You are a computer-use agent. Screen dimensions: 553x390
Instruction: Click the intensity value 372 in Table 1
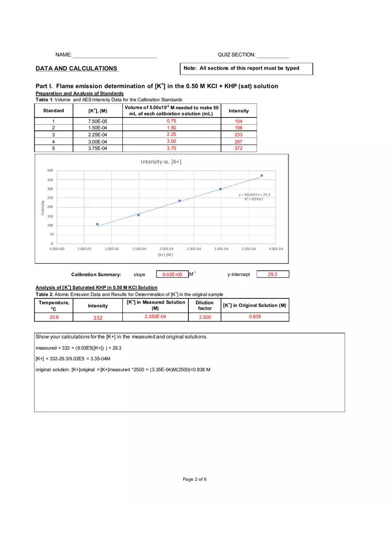pos(238,149)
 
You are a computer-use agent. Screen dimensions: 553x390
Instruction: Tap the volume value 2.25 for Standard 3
pos(172,134)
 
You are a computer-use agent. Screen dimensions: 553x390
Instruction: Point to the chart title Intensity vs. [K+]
pos(161,161)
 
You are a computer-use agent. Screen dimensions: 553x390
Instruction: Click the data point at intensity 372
pos(261,176)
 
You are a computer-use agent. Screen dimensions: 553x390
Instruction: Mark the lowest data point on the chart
pos(97,224)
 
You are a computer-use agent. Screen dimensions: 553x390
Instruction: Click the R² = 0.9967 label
pos(254,199)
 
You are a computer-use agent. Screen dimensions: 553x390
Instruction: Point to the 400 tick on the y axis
pos(50,171)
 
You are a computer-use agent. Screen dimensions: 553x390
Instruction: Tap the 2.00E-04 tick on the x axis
pos(166,249)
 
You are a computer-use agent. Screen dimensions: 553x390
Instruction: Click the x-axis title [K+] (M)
pos(165,255)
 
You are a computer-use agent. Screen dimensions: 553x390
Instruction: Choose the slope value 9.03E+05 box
pos(172,275)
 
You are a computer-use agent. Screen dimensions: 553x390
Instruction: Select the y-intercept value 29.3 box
pos(273,275)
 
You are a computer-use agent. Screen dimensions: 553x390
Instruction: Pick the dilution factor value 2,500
pos(205,317)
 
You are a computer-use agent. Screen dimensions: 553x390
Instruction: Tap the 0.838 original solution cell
pos(255,317)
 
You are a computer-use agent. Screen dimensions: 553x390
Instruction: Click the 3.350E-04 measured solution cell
pos(155,317)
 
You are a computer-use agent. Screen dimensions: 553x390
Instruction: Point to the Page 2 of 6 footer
pos(195,479)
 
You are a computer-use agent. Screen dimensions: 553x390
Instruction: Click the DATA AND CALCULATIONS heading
pos(77,68)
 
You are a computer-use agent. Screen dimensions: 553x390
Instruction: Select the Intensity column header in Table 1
pos(238,111)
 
